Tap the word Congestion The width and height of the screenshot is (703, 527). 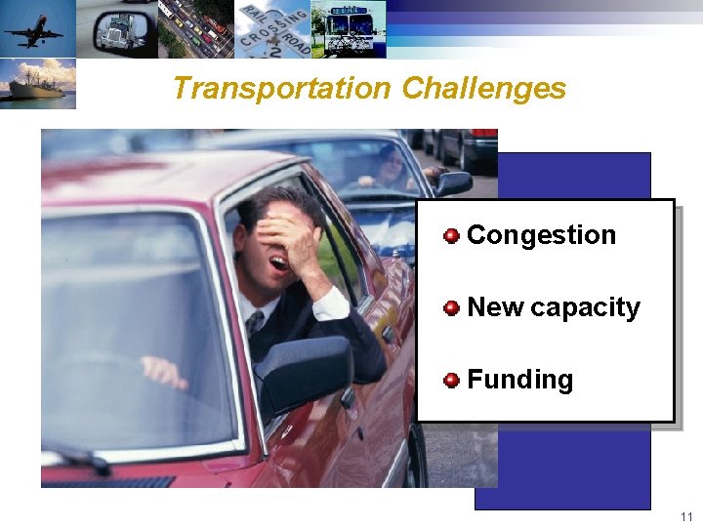click(x=541, y=235)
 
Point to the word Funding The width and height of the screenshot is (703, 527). click(x=519, y=380)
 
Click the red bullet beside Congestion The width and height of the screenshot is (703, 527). click(x=451, y=235)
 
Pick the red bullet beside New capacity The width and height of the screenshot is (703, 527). click(x=451, y=308)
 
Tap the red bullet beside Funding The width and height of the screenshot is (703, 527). click(x=451, y=380)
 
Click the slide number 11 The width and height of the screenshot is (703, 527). click(x=686, y=516)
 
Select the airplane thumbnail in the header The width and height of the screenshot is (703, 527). click(x=37, y=28)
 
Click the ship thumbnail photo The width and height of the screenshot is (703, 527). click(x=37, y=84)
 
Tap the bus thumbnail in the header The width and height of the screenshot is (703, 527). click(x=348, y=28)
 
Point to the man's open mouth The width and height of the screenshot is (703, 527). click(x=278, y=263)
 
